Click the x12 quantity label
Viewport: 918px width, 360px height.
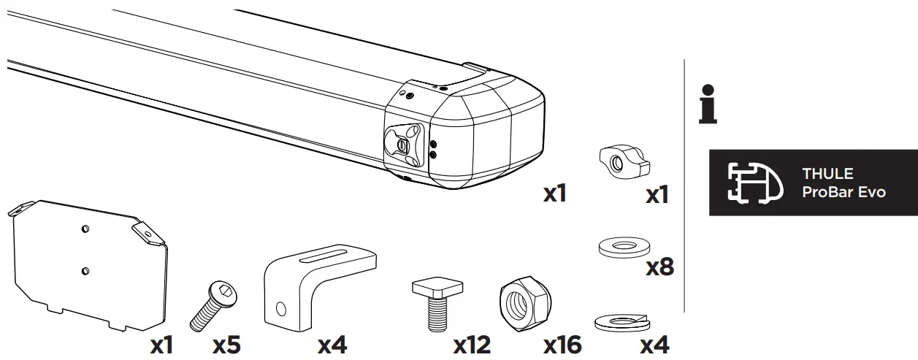click(472, 345)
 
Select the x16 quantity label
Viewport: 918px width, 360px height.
click(562, 345)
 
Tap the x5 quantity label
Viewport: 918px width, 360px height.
click(226, 345)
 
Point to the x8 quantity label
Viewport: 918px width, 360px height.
click(659, 267)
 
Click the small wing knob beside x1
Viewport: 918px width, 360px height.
click(622, 161)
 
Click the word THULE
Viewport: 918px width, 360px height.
click(827, 175)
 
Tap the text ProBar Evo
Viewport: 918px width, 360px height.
click(844, 193)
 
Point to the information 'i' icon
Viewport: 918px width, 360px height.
click(707, 104)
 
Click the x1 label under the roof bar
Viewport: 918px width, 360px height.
click(555, 194)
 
